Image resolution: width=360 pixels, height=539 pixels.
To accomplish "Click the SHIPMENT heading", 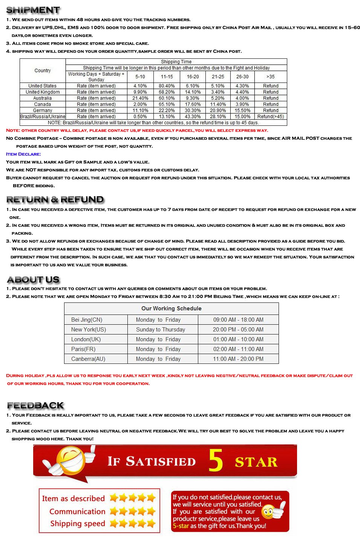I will [x=33, y=10].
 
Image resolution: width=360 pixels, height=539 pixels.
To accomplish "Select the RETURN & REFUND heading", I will [x=55, y=200].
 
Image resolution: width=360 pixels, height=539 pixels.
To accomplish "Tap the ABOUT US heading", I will [x=34, y=279].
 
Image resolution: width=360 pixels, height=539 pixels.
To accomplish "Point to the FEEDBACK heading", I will [x=36, y=406].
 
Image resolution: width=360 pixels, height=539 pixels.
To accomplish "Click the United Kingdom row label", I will [x=43, y=92].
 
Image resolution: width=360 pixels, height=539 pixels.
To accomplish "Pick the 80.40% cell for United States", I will [x=167, y=86].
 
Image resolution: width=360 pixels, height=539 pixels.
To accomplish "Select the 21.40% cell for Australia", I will [x=140, y=98].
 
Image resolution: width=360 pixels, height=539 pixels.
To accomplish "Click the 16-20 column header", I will [x=193, y=76].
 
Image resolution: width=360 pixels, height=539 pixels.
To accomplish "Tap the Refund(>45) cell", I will [x=271, y=116].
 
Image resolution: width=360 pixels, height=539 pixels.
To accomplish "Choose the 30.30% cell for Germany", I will [x=193, y=110].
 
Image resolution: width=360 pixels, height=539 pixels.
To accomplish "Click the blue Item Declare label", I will [x=23, y=154].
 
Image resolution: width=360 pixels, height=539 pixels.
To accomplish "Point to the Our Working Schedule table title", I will [x=171, y=308].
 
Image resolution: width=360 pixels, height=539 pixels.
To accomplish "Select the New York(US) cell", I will [x=89, y=330].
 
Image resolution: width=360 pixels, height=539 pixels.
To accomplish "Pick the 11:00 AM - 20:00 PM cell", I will [x=238, y=359].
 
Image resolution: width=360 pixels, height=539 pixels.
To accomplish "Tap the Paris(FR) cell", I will [x=83, y=349].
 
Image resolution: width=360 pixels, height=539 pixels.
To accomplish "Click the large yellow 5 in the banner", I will [x=216, y=460].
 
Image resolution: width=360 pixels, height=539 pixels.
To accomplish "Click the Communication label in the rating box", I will [x=77, y=512].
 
